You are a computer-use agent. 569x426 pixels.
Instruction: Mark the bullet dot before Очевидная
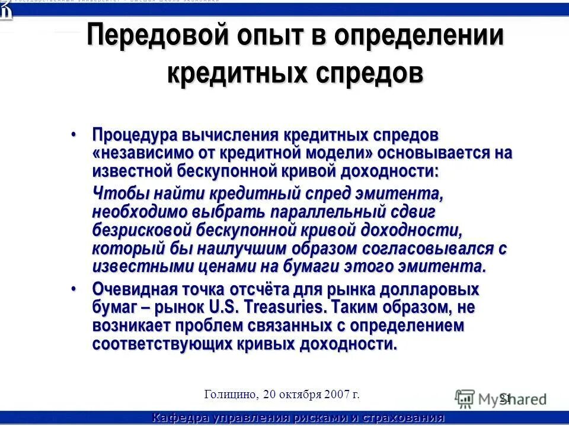point(73,289)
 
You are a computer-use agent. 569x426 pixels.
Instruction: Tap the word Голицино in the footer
point(230,394)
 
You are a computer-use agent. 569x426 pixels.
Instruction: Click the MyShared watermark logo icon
point(465,398)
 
